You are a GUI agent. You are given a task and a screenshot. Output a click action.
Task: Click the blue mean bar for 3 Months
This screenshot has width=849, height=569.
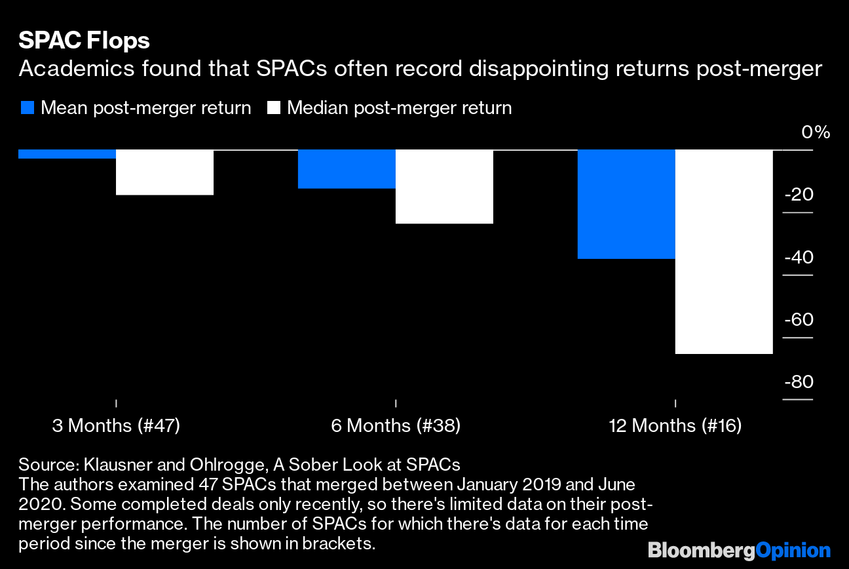click(x=67, y=154)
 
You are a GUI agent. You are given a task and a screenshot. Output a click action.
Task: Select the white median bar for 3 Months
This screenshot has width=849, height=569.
click(x=164, y=172)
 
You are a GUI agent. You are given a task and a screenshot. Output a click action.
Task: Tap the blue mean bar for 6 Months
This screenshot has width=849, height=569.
click(x=347, y=169)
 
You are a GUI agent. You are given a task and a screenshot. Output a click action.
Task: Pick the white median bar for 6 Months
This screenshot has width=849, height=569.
click(x=444, y=187)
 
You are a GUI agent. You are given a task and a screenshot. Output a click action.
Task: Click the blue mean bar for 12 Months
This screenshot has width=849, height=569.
click(x=626, y=205)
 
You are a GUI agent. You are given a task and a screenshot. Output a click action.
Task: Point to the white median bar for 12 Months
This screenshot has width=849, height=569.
click(x=724, y=252)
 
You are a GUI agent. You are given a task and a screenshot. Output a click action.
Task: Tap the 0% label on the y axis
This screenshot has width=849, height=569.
click(x=816, y=133)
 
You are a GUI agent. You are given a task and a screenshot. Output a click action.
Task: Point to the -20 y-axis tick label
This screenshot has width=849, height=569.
click(x=798, y=195)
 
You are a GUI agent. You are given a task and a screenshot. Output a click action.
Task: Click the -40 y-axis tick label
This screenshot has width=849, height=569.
click(x=798, y=258)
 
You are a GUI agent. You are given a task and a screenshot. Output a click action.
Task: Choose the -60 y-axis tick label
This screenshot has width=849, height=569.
click(x=798, y=320)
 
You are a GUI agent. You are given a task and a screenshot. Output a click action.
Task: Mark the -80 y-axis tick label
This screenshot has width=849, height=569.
click(x=798, y=382)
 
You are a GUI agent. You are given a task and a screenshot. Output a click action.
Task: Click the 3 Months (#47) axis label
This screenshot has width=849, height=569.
click(x=116, y=426)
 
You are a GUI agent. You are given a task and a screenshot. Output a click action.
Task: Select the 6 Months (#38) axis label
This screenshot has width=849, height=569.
click(x=396, y=426)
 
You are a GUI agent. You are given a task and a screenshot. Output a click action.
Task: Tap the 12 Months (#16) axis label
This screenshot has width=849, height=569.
click(x=675, y=426)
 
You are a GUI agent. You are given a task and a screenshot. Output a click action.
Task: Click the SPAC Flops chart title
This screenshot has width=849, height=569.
click(x=84, y=41)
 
